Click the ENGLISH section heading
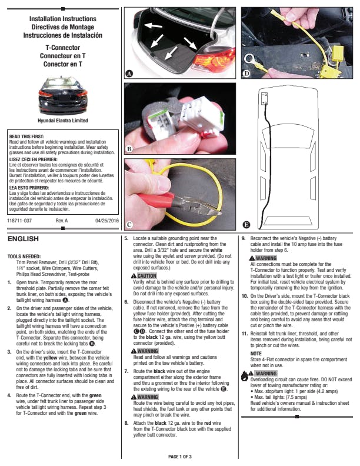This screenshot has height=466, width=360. pos(23,239)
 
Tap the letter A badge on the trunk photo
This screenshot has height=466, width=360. pos(129,74)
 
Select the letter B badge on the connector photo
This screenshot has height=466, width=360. pos(129,149)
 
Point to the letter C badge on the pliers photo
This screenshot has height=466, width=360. pos(129,224)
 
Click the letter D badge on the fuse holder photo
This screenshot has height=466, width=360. pos(246,74)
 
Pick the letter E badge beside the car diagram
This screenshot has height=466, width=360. pos(246,225)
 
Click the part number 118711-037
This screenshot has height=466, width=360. pos(19,221)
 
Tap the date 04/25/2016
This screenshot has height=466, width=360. pos(107,221)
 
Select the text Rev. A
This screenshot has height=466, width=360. pos(62,221)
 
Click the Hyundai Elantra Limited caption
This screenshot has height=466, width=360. pos(63,121)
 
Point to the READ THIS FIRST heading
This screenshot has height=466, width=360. pos(26,137)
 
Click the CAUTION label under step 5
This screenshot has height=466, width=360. pos(146,276)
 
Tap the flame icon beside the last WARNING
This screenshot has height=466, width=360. pos(245,376)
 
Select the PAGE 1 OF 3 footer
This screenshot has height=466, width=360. pos(179,457)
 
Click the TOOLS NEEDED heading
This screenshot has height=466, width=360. pos(24,257)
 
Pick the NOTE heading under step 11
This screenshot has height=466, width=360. pos(256,354)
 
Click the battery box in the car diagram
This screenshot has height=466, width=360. pos(264,98)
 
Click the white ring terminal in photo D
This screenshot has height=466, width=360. pos(249,59)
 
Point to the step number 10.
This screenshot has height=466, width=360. pos(245,296)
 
